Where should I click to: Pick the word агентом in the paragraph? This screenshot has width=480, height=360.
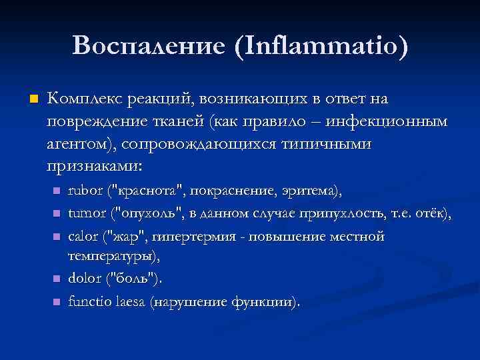[81, 145]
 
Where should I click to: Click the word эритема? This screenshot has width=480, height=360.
[316, 193]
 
